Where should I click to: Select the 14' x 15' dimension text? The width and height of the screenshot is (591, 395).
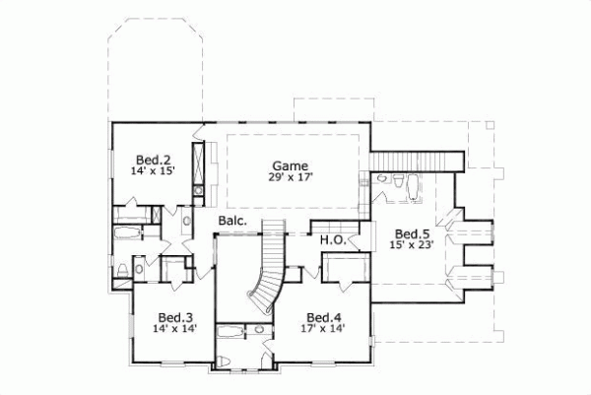tap(153, 170)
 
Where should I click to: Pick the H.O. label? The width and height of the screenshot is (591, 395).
tap(330, 238)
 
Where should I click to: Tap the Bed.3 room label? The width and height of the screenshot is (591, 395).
tap(175, 317)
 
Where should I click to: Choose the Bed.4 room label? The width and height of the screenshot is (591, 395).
tap(323, 317)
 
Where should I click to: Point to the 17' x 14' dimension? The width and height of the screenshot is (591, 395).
tap(323, 330)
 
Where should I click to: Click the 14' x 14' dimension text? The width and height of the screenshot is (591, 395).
tap(175, 330)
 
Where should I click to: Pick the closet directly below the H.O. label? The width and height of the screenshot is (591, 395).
tap(345, 267)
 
